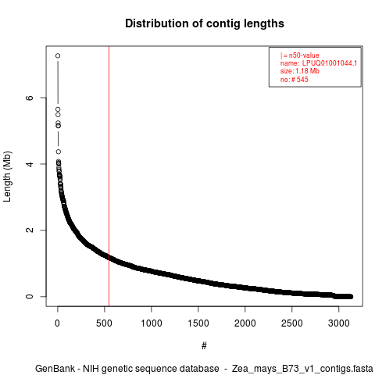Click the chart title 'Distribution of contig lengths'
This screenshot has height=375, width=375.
pyautogui.click(x=205, y=23)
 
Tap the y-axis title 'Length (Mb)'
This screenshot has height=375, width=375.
pyautogui.click(x=7, y=177)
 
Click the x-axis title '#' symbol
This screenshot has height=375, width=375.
pyautogui.click(x=204, y=346)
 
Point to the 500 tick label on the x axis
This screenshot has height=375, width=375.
pyautogui.click(x=104, y=323)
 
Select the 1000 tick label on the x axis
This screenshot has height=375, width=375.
pyautogui.click(x=152, y=323)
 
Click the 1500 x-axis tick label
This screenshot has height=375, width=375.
pyautogui.click(x=198, y=323)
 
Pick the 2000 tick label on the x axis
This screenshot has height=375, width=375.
pyautogui.click(x=245, y=323)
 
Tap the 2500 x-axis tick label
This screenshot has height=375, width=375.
pyautogui.click(x=292, y=323)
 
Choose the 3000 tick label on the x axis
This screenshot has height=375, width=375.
pyautogui.click(x=339, y=323)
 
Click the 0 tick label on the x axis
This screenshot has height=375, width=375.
pyautogui.click(x=57, y=323)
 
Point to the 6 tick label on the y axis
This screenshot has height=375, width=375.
pyautogui.click(x=30, y=98)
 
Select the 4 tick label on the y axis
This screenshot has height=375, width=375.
pyautogui.click(x=30, y=164)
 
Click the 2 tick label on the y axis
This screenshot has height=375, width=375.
pyautogui.click(x=30, y=230)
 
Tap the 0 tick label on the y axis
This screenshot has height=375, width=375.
pyautogui.click(x=30, y=297)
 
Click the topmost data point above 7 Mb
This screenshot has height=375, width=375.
pyautogui.click(x=58, y=55)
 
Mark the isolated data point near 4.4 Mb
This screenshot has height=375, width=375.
pyautogui.click(x=59, y=152)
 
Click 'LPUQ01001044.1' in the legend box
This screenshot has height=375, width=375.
pyautogui.click(x=330, y=63)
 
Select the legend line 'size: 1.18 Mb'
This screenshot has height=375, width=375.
pyautogui.click(x=300, y=71)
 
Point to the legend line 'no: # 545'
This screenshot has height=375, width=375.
pyautogui.click(x=295, y=80)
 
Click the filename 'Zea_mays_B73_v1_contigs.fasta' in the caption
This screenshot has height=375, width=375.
pyautogui.click(x=302, y=369)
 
